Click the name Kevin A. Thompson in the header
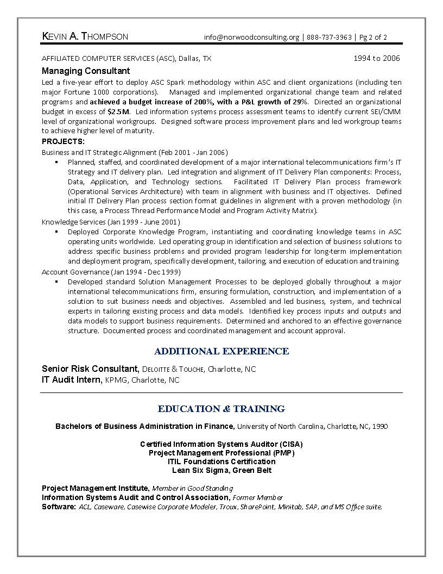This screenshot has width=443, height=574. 85,37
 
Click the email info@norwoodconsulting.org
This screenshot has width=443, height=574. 251,38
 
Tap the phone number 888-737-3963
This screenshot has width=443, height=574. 329,38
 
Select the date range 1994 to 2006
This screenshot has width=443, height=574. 377,58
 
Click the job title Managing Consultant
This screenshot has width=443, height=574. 86,71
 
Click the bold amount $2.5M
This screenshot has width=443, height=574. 118,111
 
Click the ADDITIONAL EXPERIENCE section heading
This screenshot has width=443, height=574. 221,351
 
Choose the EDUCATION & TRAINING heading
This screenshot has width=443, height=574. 221,409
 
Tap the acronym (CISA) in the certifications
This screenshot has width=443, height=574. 289,444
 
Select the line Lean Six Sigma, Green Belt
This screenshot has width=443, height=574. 221,470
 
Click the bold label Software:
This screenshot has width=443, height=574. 59,507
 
